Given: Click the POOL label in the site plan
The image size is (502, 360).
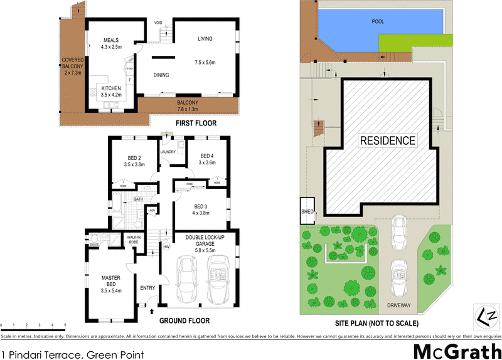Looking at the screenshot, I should click(378, 21).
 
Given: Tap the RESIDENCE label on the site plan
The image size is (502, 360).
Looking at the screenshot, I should click(387, 140).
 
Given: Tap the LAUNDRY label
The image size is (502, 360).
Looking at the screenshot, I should click(167, 152).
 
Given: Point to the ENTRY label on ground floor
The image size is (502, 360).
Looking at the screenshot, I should click(147, 288).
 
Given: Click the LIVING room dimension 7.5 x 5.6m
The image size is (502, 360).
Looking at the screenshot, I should click(205, 62).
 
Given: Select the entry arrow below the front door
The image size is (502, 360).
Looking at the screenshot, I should click(152, 309).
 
